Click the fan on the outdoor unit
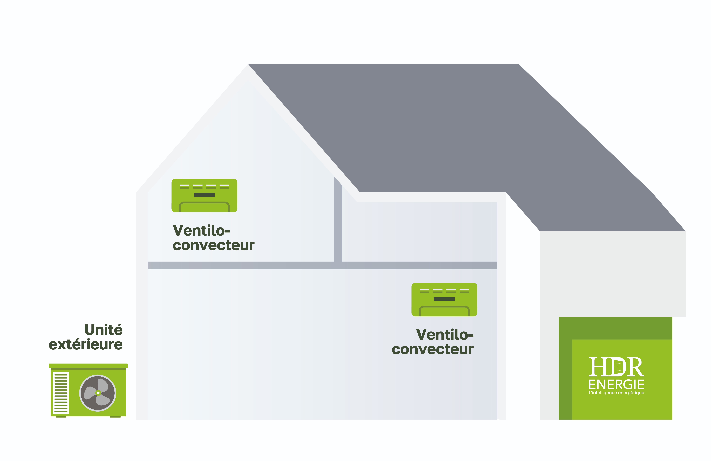(98, 393)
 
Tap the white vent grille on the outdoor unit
(61, 393)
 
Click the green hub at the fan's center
(98, 393)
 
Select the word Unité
(103, 330)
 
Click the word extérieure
(86, 345)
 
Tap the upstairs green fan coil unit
(204, 196)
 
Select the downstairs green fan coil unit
(444, 300)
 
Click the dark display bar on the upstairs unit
(204, 195)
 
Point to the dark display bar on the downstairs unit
(444, 299)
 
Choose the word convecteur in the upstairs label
(213, 245)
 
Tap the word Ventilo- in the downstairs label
(445, 335)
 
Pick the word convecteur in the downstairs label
(433, 349)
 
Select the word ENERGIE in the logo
(616, 384)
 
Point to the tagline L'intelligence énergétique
(616, 393)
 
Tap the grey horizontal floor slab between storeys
(323, 265)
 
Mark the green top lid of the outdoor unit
(88, 366)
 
